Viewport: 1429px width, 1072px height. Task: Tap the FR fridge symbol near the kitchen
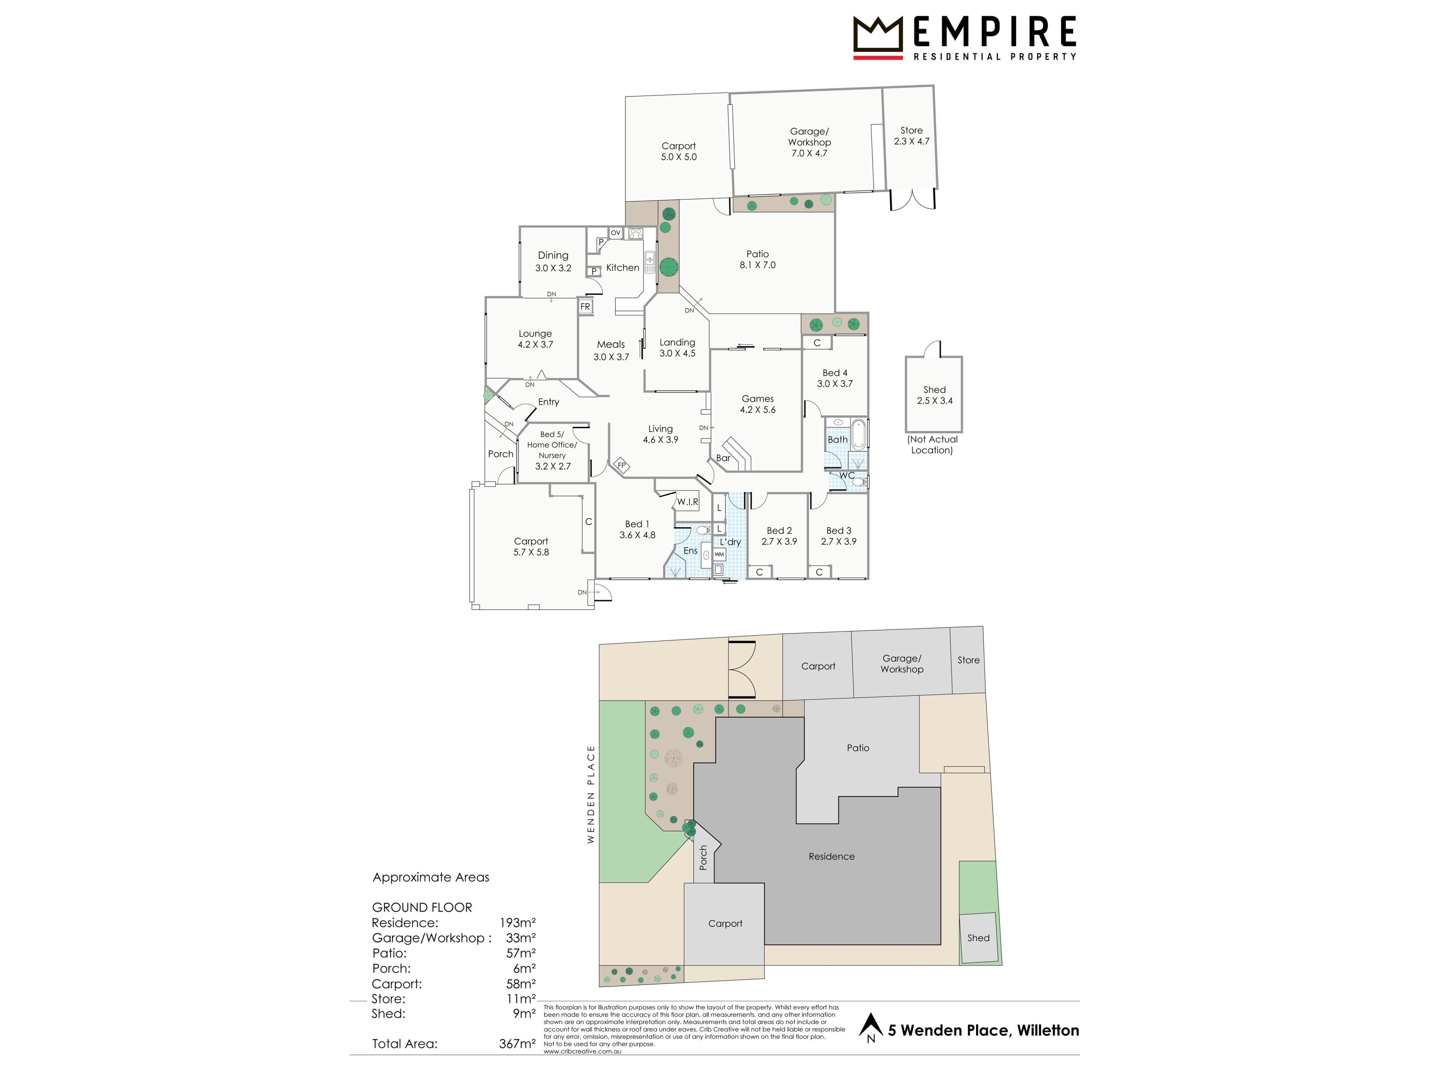tap(585, 307)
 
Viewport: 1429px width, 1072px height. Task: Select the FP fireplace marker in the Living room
tap(621, 465)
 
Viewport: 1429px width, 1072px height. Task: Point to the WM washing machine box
tap(719, 554)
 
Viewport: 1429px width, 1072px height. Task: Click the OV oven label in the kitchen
tap(616, 233)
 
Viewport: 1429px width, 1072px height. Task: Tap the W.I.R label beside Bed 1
tap(687, 501)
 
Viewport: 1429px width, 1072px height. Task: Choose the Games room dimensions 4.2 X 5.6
tap(758, 410)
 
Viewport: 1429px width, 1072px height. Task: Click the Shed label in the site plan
tap(978, 938)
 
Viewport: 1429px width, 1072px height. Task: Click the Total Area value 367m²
tap(517, 1044)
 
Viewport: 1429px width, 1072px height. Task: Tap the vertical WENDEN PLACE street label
tap(591, 794)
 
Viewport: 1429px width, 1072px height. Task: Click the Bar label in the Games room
tap(723, 458)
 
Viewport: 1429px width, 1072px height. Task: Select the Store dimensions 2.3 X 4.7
tap(911, 141)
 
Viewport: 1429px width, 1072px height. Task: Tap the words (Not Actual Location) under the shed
tap(932, 444)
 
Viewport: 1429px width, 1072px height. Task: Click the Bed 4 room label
tap(835, 373)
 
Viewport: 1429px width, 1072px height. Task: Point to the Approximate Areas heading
tap(431, 877)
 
